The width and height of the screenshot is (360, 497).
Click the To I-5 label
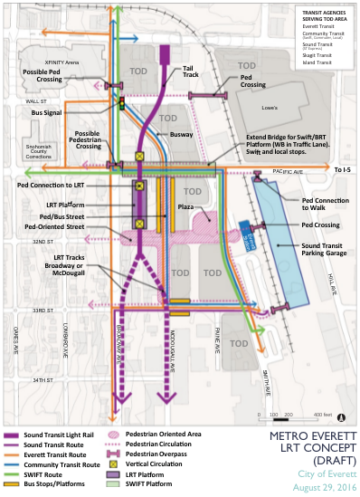pos(341,169)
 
